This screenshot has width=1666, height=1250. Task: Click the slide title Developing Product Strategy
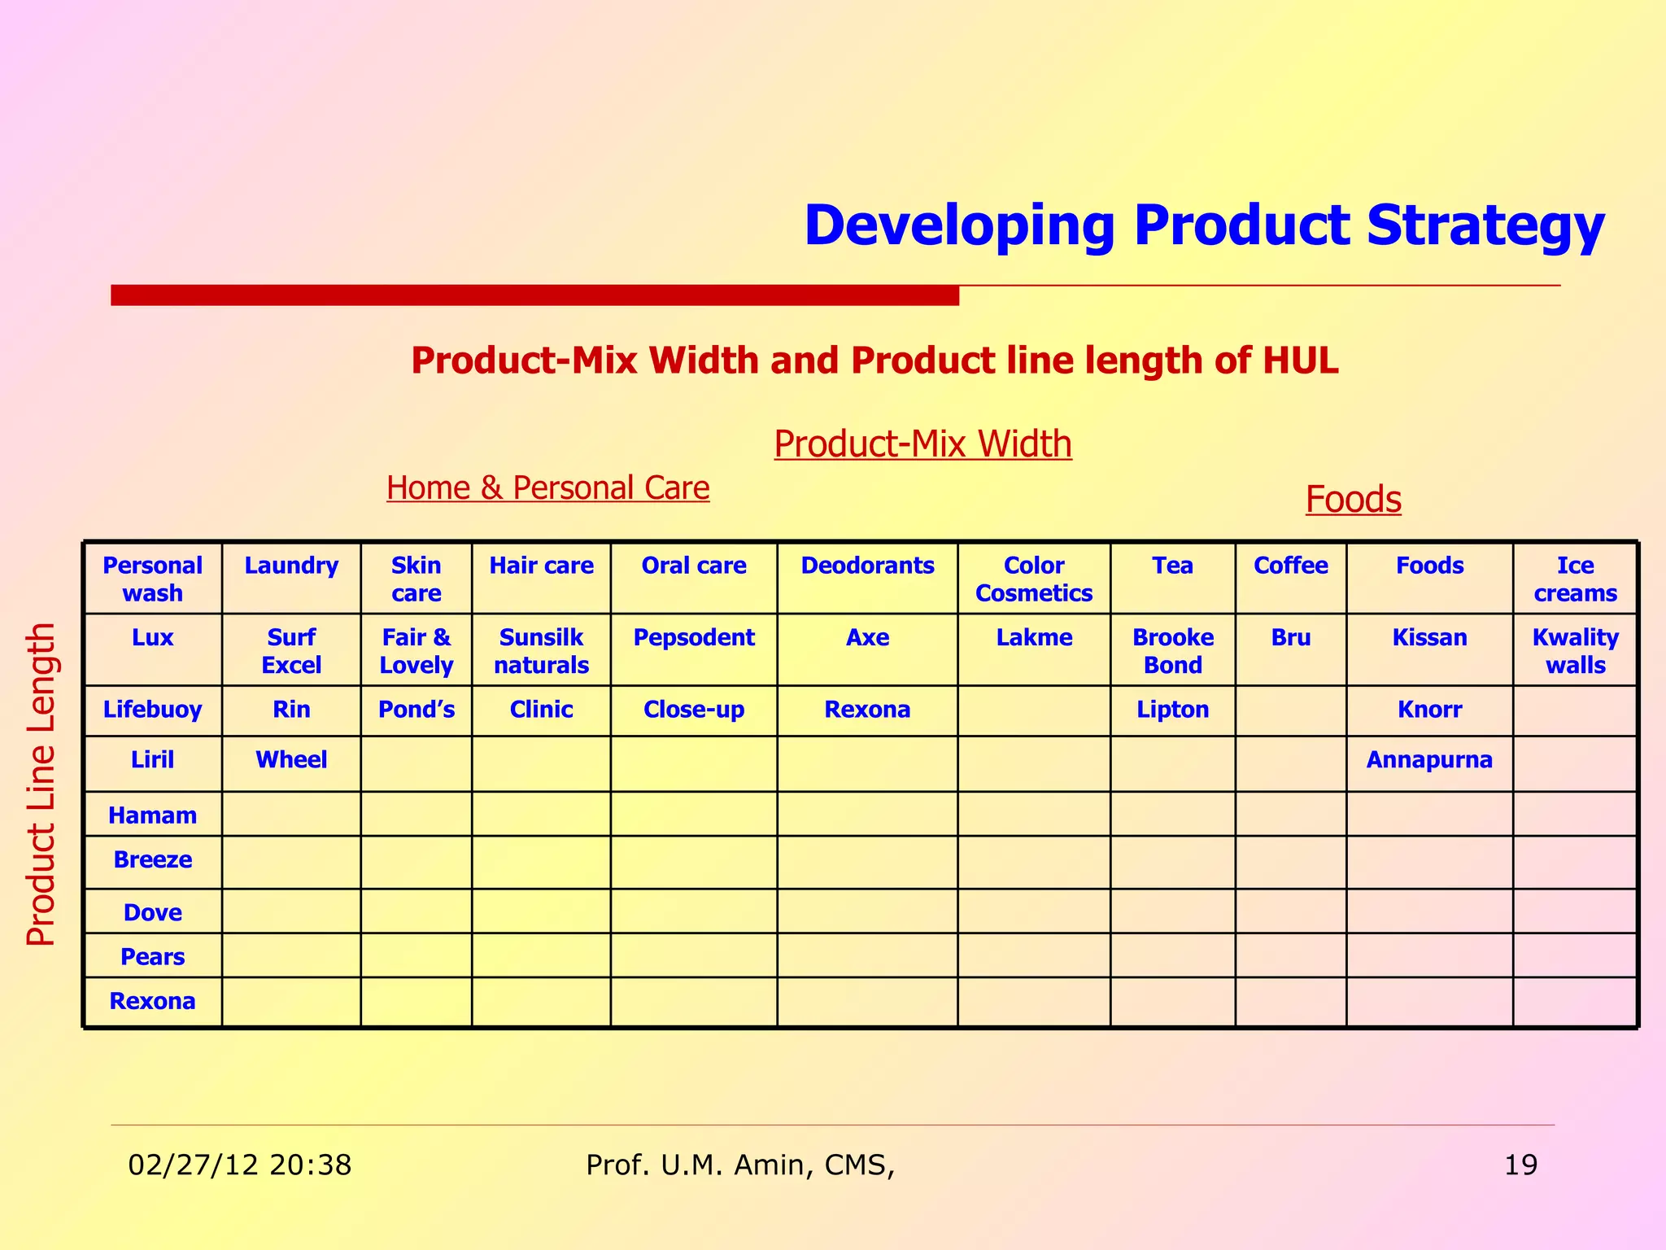[x=1204, y=225]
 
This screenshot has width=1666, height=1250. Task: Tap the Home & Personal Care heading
[x=547, y=488]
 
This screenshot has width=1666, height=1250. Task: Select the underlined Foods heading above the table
[x=1353, y=499]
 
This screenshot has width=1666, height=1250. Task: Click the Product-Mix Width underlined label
[x=922, y=444]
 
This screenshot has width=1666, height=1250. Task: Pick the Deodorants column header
[x=867, y=566]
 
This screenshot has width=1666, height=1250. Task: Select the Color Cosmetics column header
[x=1033, y=579]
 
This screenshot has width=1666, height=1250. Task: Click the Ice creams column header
[x=1575, y=579]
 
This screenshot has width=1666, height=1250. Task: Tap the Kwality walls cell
[x=1575, y=651]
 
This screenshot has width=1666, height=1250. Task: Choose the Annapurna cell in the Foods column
[x=1429, y=760]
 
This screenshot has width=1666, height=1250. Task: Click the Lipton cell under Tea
[x=1172, y=710]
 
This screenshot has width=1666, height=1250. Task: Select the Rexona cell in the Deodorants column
[x=867, y=710]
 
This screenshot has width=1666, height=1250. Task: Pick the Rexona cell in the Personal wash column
[x=152, y=1001]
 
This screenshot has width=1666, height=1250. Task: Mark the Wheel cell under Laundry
[x=291, y=760]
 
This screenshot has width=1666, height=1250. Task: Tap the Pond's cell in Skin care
[x=416, y=710]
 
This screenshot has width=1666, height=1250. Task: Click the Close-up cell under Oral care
[x=693, y=710]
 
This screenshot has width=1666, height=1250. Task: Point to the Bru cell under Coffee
[x=1290, y=637]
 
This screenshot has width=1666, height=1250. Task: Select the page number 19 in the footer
[x=1520, y=1165]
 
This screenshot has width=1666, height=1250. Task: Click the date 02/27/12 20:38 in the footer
[x=240, y=1165]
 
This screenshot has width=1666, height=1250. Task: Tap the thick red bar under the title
[x=534, y=295]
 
